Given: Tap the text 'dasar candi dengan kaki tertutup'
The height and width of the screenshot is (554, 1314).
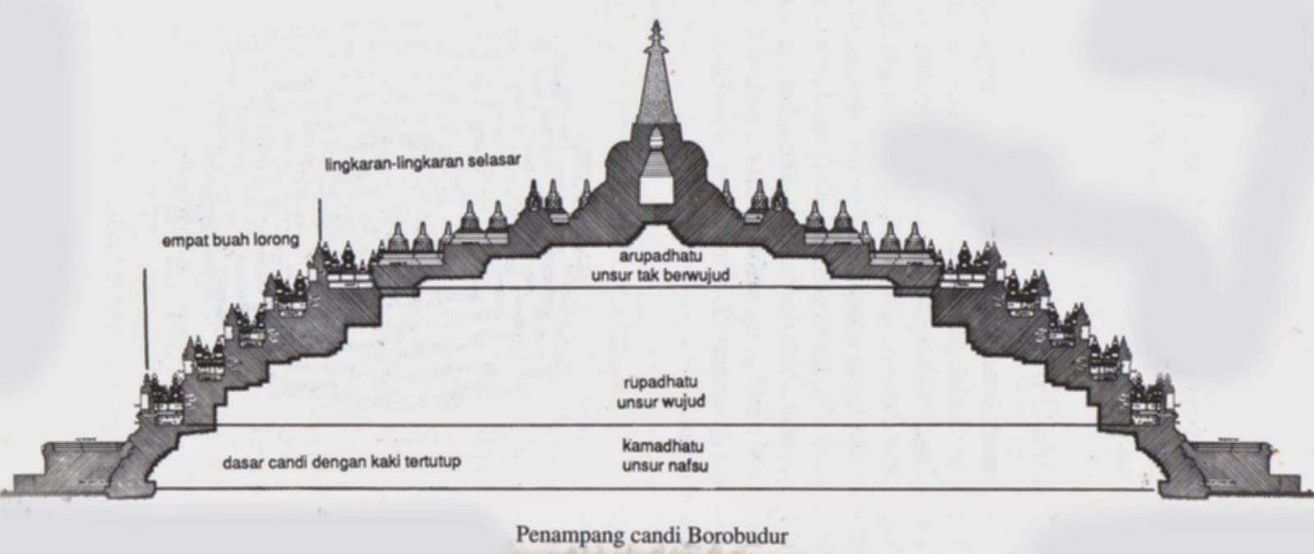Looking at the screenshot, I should [x=341, y=462].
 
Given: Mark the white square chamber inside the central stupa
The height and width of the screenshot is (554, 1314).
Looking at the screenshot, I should [x=656, y=191].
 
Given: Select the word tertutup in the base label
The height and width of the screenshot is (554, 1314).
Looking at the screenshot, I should [x=432, y=462].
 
